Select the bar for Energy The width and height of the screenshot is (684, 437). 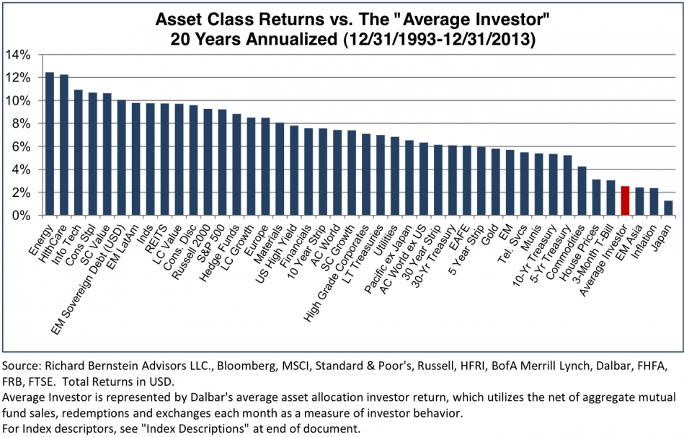pyautogui.click(x=50, y=144)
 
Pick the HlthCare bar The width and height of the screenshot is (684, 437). pyautogui.click(x=64, y=145)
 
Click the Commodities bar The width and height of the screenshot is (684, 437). pyautogui.click(x=582, y=191)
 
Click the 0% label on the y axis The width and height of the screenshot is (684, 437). pyautogui.click(x=20, y=216)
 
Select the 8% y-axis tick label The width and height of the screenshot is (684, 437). pyautogui.click(x=20, y=123)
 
